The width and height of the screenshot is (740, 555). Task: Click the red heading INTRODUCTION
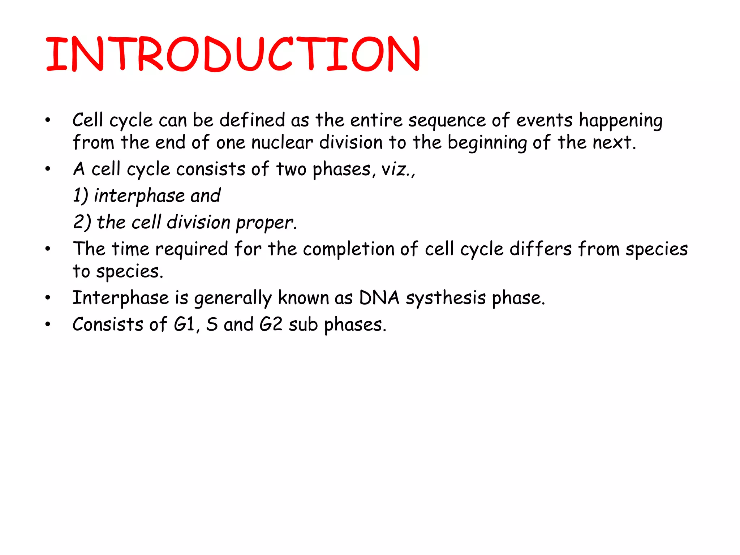[x=233, y=54]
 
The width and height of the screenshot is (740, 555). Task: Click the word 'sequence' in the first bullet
[x=447, y=121]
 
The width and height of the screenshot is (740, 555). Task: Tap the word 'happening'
[x=620, y=121]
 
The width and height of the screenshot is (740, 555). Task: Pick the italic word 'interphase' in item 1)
[x=139, y=196]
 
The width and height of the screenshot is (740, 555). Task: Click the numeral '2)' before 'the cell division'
[x=82, y=222]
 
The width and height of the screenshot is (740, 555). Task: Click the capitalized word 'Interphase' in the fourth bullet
[x=120, y=298]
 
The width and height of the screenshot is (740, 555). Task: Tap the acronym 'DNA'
[x=379, y=298]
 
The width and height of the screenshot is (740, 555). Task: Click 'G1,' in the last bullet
[x=186, y=324]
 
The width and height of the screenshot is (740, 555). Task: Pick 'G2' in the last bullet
[x=271, y=324]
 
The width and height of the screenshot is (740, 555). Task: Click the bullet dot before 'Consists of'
[x=48, y=324]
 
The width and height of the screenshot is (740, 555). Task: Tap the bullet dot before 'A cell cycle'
[x=48, y=169]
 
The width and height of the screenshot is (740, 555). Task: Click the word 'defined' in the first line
[x=252, y=120]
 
